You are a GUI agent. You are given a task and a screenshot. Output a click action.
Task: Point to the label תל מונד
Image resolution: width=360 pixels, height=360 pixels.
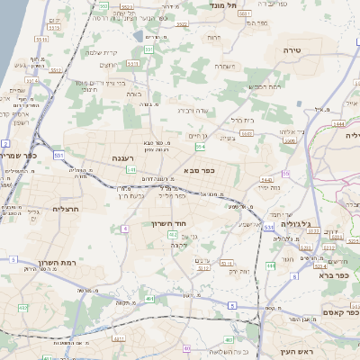pyautogui.click(x=222, y=4)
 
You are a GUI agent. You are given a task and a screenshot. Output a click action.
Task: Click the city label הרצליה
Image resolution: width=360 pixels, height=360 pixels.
pyautogui.click(x=41, y=208)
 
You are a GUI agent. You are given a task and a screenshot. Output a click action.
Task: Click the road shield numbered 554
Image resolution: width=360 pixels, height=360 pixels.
pyautogui.click(x=199, y=146)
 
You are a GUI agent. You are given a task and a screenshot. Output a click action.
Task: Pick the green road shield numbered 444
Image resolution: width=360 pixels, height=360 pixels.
pyautogui.click(x=271, y=266)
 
